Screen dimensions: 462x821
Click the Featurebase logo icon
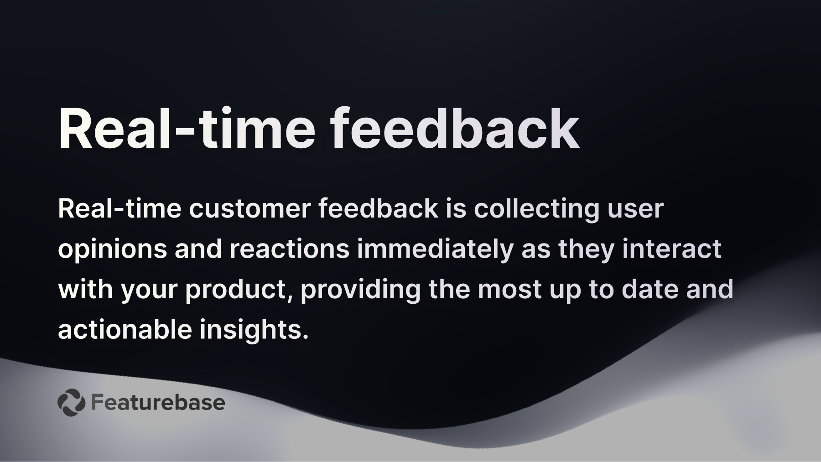click(71, 402)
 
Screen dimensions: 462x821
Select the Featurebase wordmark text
click(158, 402)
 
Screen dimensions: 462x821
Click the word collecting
click(536, 209)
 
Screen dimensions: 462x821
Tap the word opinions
click(112, 249)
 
